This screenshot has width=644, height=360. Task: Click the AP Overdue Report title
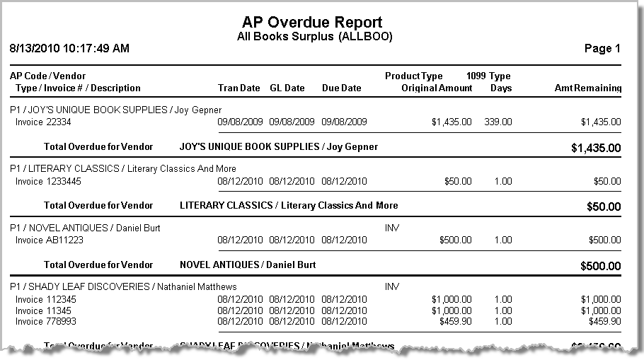[x=312, y=22]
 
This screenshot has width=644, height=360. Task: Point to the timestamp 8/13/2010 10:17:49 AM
[x=69, y=49]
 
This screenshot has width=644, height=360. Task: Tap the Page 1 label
[x=602, y=49]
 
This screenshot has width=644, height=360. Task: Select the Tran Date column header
[x=239, y=88]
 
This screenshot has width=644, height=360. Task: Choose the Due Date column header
[x=341, y=88]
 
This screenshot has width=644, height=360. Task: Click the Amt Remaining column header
[x=587, y=88]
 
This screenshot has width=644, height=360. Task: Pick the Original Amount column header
[x=437, y=88]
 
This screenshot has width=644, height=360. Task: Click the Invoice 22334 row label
[x=44, y=122]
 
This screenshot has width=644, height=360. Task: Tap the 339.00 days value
[x=498, y=122]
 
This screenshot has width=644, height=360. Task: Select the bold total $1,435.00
[x=596, y=148]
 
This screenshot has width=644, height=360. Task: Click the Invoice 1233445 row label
[x=49, y=181]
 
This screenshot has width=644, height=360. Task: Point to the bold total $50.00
[x=604, y=207]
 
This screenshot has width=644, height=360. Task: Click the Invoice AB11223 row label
[x=50, y=240]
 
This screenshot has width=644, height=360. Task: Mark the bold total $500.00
[x=601, y=266]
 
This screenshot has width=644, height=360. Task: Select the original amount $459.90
[x=454, y=321]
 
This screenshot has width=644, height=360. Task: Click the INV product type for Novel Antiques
[x=392, y=228]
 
